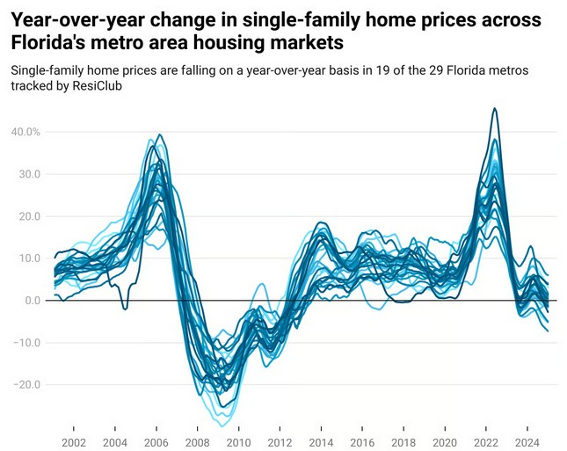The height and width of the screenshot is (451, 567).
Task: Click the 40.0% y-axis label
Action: click(25, 132)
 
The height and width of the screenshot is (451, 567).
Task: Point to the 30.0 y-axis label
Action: click(30, 174)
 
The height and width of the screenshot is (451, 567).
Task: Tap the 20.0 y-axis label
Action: click(30, 216)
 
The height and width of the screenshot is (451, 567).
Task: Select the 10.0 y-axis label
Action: click(30, 258)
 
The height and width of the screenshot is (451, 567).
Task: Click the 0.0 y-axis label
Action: click(33, 300)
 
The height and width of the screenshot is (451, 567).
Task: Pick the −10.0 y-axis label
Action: click(26, 343)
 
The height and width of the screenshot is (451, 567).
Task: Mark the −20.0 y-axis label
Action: click(26, 384)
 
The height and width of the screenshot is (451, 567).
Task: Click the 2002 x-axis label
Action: click(74, 443)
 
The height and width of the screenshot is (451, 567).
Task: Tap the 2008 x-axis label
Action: click(198, 443)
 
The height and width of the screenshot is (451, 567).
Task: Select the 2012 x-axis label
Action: click(280, 443)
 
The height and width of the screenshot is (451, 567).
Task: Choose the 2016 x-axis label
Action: click(362, 443)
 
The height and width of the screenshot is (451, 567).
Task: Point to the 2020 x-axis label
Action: click(445, 443)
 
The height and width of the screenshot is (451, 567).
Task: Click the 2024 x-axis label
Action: click(527, 443)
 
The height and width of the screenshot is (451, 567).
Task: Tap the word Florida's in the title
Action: click(47, 42)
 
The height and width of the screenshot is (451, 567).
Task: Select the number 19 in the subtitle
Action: click(381, 69)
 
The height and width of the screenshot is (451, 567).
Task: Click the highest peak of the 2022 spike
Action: click(495, 108)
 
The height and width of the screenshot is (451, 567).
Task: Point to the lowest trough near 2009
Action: click(223, 426)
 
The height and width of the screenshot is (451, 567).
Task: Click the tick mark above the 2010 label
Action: click(238, 428)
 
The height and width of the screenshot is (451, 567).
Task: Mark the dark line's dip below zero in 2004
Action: click(125, 309)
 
